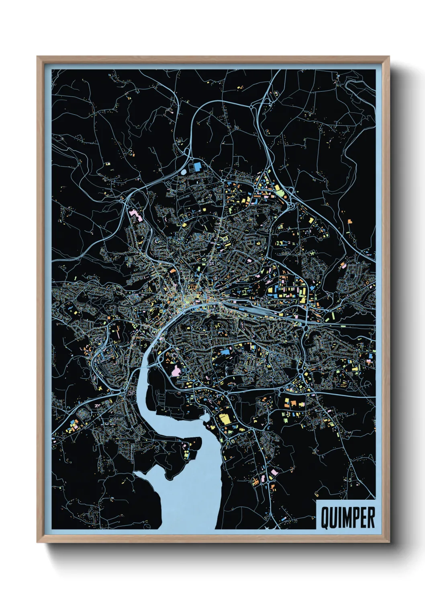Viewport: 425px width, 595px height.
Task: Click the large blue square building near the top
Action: tap(196, 166)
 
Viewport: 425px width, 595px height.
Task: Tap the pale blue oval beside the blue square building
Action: tap(184, 172)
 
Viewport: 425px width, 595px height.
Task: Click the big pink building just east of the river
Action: tap(176, 371)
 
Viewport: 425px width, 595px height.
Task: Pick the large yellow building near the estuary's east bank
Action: tap(225, 419)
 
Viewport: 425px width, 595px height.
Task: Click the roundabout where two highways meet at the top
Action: tap(253, 107)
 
